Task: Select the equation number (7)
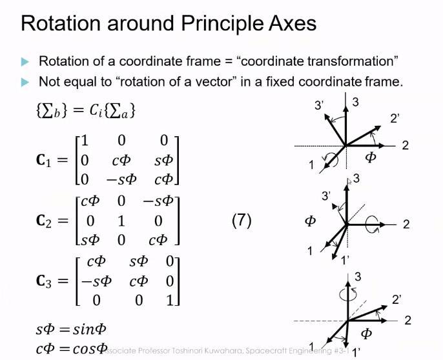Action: coord(241,221)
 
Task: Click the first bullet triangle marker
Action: coord(25,62)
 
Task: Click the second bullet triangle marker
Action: coord(25,83)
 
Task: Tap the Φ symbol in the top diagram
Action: coord(370,157)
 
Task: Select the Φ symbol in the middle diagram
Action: coord(311,221)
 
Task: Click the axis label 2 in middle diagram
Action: coord(406,225)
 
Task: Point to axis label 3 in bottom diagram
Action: coord(357,277)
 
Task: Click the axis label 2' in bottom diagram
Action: coord(397,299)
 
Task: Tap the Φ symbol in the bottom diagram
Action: coord(366,333)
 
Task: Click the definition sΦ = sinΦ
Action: coord(70,330)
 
